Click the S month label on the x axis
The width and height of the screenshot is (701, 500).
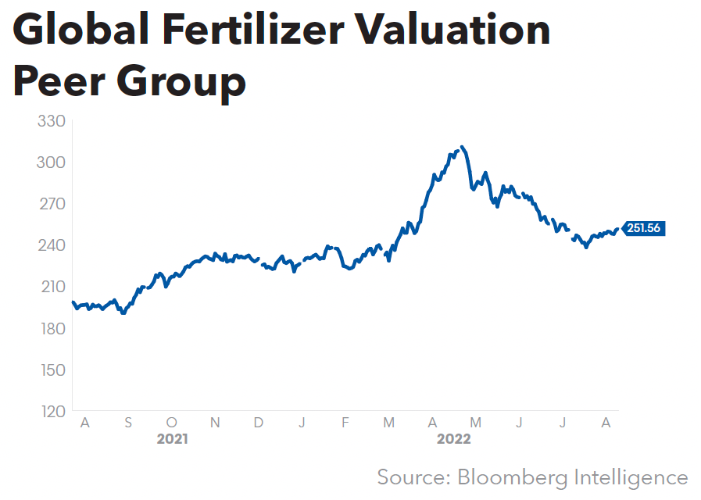(x=128, y=423)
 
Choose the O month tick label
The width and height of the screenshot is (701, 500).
(x=172, y=423)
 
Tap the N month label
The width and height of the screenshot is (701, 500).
(x=215, y=423)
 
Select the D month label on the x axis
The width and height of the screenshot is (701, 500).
(x=258, y=423)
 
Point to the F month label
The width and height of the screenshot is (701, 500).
(x=345, y=423)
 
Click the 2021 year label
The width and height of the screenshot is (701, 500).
(x=172, y=439)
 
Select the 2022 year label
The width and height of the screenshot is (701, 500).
(x=454, y=439)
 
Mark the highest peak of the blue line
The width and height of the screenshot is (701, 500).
(x=463, y=147)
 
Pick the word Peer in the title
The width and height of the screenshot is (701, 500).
(x=63, y=80)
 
